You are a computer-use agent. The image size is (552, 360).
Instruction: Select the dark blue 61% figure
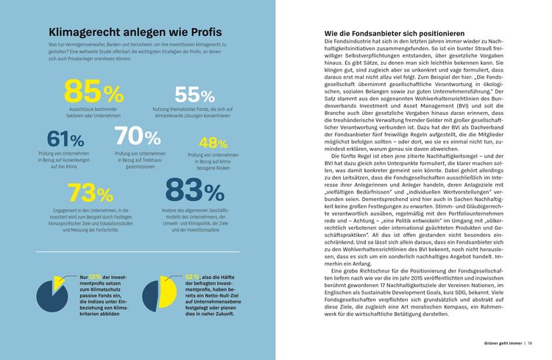tap(66, 138)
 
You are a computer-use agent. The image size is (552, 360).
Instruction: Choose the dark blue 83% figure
tap(195, 191)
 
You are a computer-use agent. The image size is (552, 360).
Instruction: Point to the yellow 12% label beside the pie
tap(95, 277)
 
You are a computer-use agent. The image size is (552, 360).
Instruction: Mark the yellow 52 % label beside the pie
tap(193, 277)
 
